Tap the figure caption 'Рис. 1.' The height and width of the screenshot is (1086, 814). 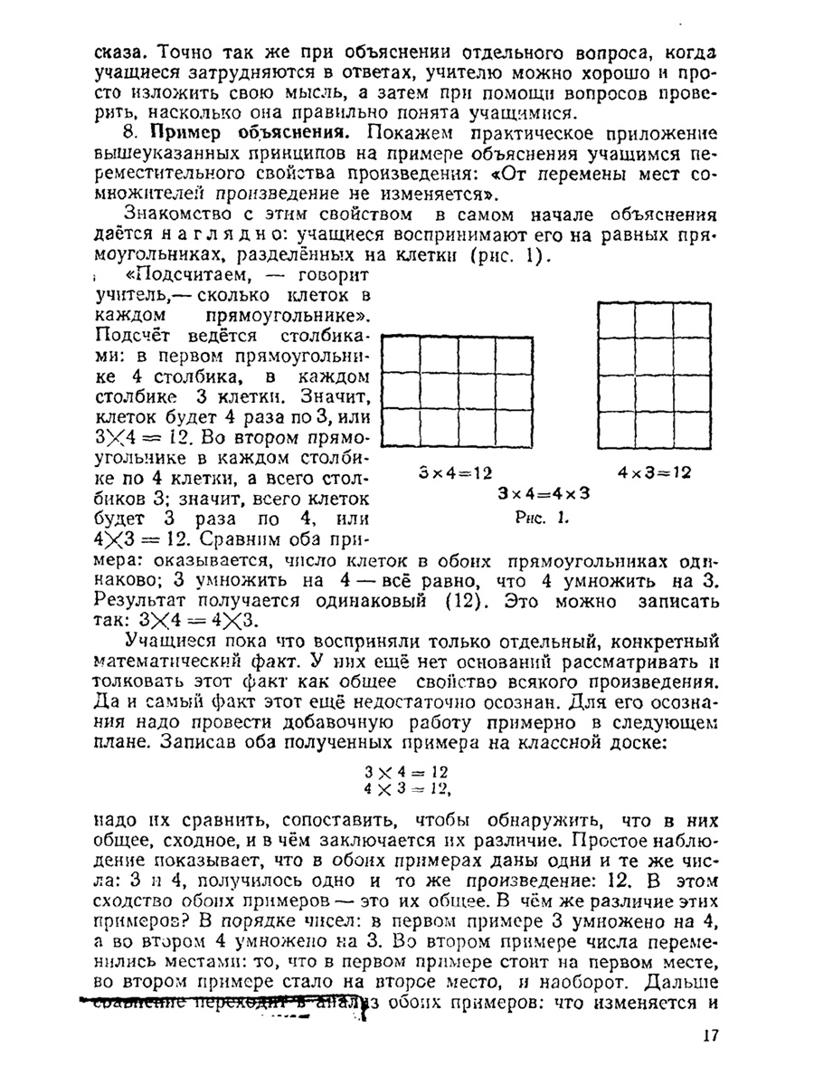tap(541, 519)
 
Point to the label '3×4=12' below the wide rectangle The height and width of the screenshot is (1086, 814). tap(456, 472)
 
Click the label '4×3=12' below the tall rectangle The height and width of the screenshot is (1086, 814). tap(655, 472)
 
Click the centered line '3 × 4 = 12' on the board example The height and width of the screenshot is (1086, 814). tap(406, 772)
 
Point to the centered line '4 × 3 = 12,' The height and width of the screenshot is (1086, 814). tap(408, 789)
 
